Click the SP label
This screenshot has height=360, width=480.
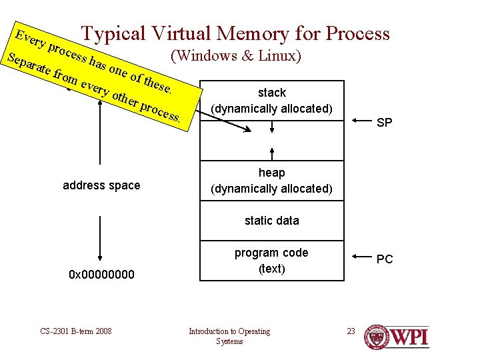click(x=384, y=123)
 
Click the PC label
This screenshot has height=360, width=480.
click(x=385, y=259)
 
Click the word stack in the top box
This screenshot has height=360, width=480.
click(x=271, y=93)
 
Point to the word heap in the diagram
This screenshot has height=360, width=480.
click(x=271, y=173)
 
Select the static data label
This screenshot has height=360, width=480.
click(x=271, y=221)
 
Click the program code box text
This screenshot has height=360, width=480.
click(x=271, y=261)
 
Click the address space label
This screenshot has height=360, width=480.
click(x=101, y=185)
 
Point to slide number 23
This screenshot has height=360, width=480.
click(x=351, y=331)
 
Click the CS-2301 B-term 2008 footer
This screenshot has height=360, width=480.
click(x=76, y=331)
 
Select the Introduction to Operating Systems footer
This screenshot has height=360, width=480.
click(x=229, y=336)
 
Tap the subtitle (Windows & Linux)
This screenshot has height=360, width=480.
click(x=236, y=56)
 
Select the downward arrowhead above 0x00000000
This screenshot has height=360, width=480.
click(x=99, y=255)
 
